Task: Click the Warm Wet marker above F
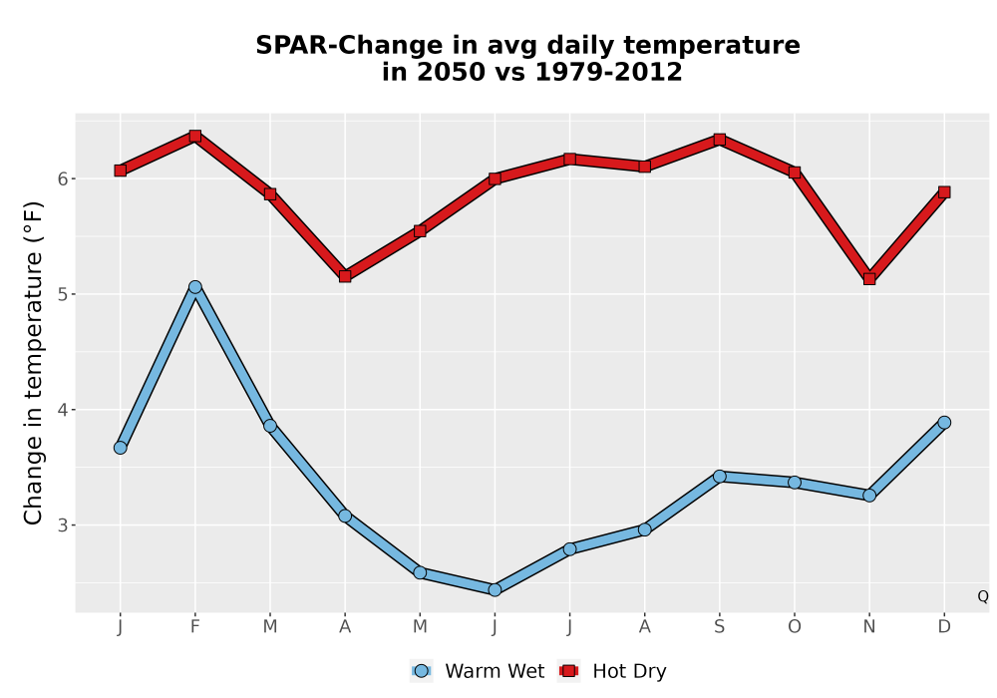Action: pos(195,287)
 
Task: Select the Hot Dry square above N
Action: pos(869,279)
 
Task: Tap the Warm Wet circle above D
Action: pos(944,423)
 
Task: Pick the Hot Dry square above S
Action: pos(719,140)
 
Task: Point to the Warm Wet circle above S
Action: pos(719,477)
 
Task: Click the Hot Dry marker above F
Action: pos(195,136)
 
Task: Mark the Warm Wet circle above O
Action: pos(795,483)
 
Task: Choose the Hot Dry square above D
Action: pos(944,192)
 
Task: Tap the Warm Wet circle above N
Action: pos(869,496)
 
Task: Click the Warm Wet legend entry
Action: pos(478,671)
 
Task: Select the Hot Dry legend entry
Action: pos(612,671)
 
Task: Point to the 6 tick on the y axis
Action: pos(62,178)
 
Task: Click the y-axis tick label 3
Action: pos(62,525)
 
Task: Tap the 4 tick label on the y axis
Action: pos(62,410)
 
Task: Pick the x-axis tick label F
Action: pos(195,627)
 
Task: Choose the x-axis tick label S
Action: pos(719,627)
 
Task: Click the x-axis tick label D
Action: pos(944,627)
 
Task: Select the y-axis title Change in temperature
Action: pos(33,363)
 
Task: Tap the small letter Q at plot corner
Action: pos(983,596)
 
